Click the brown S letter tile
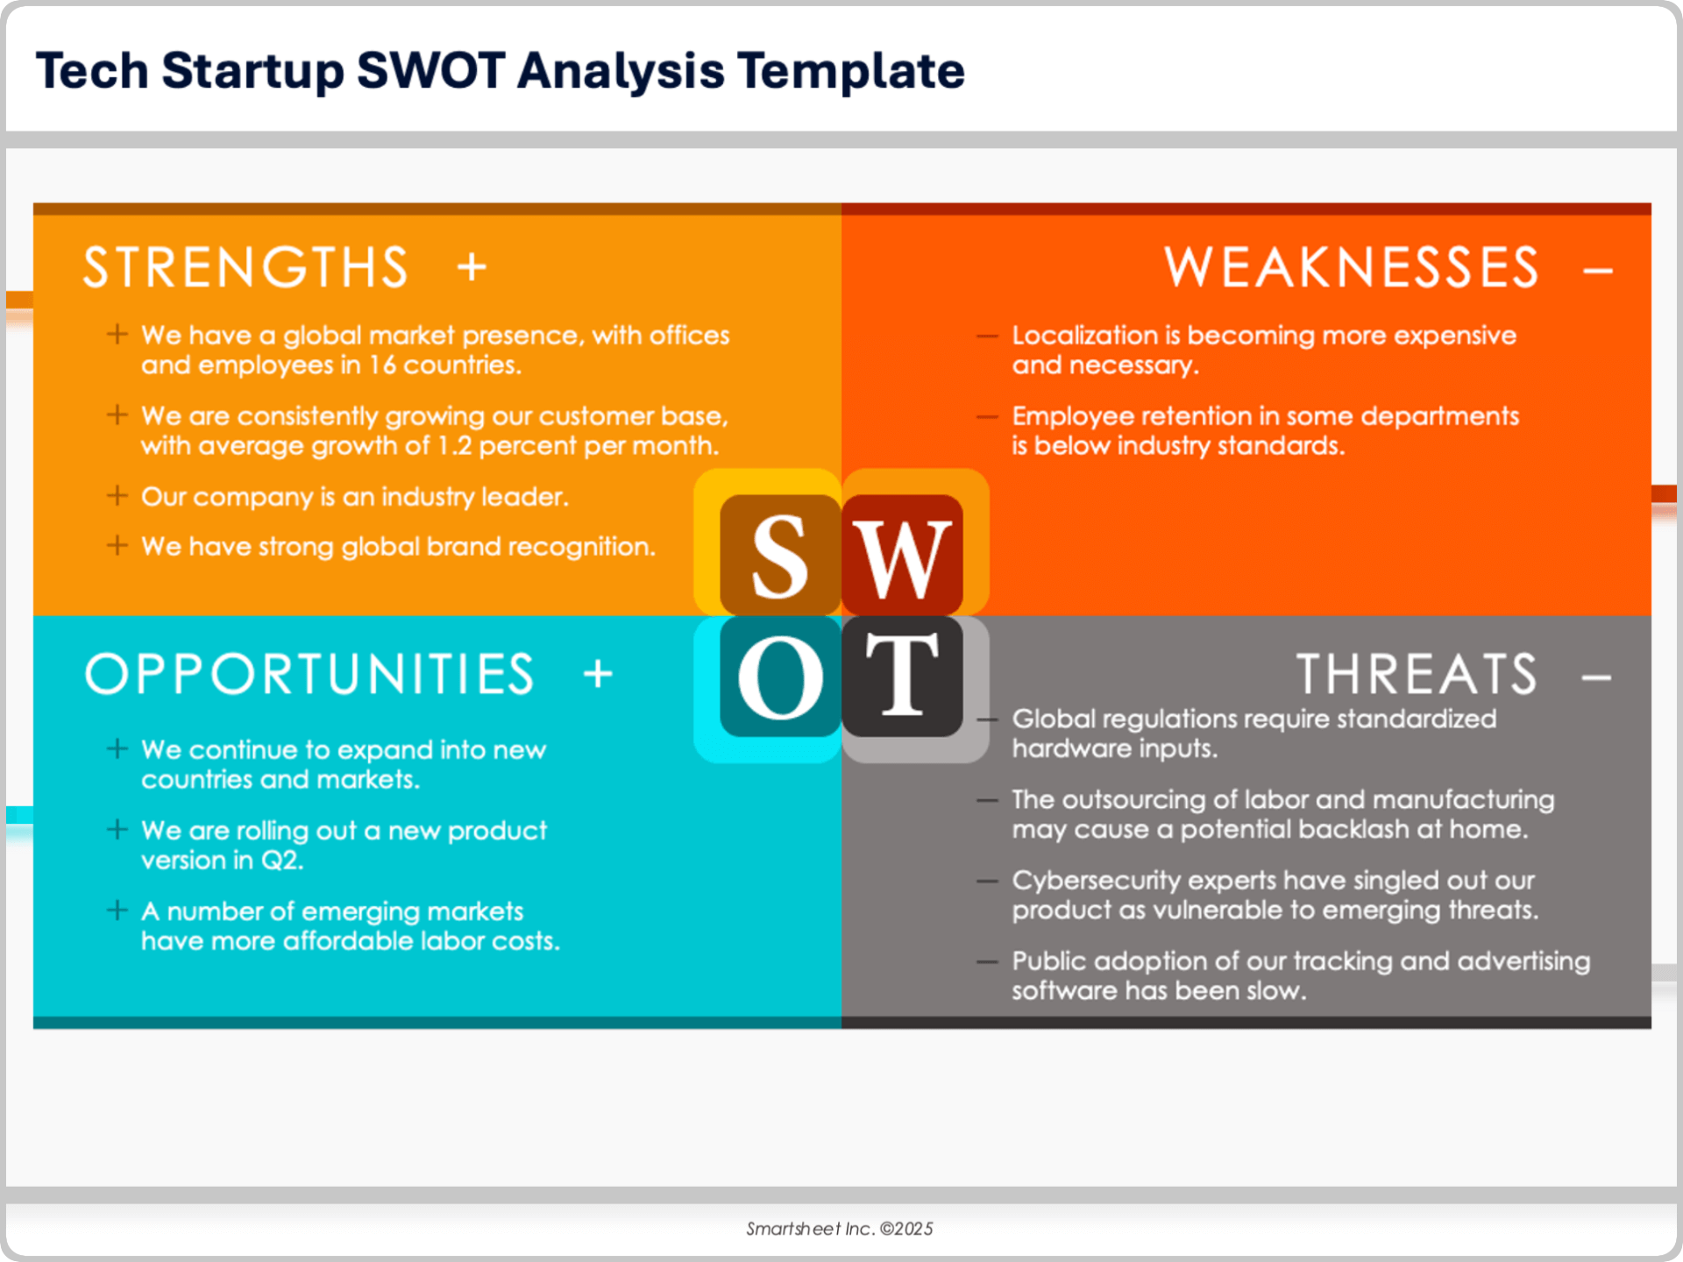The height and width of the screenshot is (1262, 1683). (x=780, y=555)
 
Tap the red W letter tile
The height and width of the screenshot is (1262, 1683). (x=902, y=555)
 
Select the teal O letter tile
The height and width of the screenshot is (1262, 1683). (x=780, y=676)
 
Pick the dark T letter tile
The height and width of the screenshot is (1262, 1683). (x=902, y=676)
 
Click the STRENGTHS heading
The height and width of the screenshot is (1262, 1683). (x=246, y=267)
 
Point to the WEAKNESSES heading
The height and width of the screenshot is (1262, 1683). (x=1351, y=267)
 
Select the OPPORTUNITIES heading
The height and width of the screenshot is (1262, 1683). (x=309, y=674)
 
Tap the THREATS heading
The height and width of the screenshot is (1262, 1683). (x=1417, y=674)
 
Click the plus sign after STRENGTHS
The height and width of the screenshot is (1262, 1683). (x=472, y=267)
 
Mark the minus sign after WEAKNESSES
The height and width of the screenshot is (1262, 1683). (x=1598, y=271)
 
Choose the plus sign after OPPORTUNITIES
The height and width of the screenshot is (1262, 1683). (x=598, y=674)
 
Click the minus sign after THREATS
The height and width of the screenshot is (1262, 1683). (x=1596, y=677)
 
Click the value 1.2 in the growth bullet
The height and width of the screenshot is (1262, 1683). (x=455, y=445)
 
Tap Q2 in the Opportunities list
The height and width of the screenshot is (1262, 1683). (x=281, y=861)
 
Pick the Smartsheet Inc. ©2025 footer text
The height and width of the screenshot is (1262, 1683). (x=840, y=1229)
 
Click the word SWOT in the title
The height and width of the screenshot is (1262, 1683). (x=430, y=70)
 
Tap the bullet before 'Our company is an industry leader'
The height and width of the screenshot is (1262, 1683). (x=117, y=496)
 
